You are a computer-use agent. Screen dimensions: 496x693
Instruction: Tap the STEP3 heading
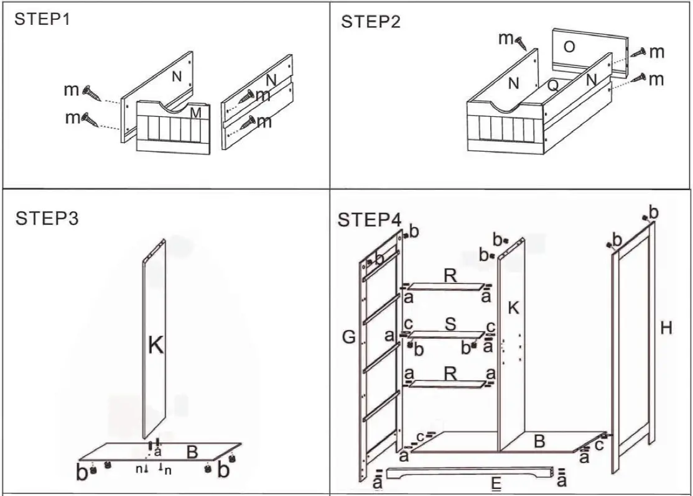47,219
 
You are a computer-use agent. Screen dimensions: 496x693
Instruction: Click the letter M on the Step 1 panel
195,112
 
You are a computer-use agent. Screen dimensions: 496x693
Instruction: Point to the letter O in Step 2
569,47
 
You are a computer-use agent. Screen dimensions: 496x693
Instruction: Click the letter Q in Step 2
552,86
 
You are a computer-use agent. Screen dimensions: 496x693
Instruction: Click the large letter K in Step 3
156,345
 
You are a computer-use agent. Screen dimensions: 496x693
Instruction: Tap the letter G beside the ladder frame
348,338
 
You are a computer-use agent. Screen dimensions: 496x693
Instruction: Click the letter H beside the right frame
666,328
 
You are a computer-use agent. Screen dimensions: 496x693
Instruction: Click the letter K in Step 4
513,306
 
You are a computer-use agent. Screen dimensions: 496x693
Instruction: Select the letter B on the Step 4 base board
540,442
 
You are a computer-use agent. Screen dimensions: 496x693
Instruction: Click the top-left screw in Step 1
91,91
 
